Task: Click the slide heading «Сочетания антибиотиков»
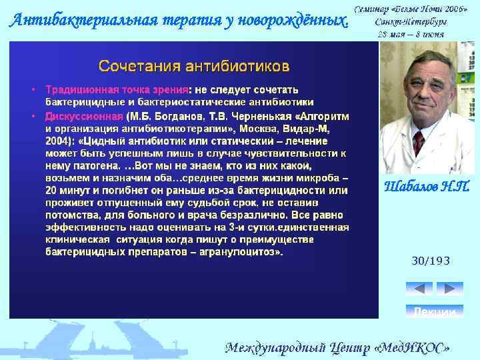pyautogui.click(x=194, y=67)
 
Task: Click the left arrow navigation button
pyautogui.click(x=419, y=288)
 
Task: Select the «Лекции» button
pyautogui.click(x=434, y=311)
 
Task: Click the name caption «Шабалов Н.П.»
pyautogui.click(x=427, y=186)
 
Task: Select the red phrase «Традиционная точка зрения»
pyautogui.click(x=117, y=89)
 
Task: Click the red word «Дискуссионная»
pyautogui.click(x=85, y=115)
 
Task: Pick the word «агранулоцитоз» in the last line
pyautogui.click(x=243, y=253)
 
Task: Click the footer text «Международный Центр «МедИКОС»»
pyautogui.click(x=337, y=347)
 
